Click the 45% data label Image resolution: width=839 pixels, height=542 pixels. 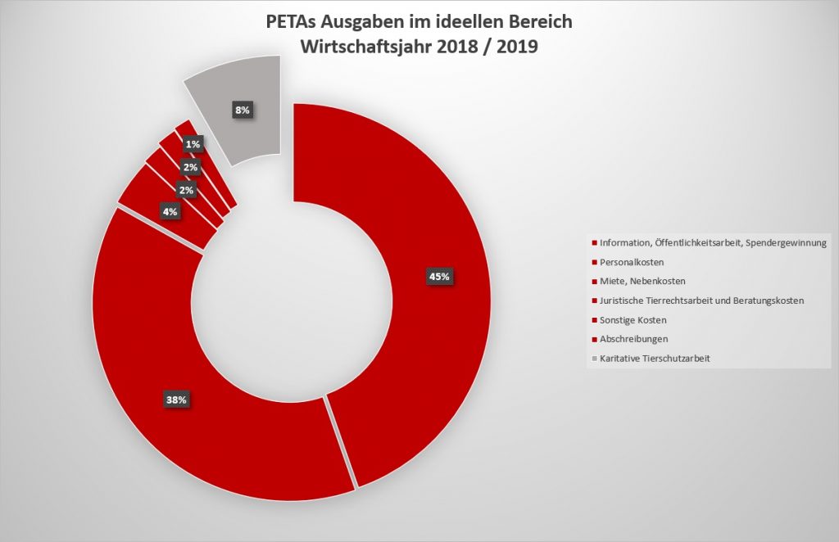pyautogui.click(x=439, y=276)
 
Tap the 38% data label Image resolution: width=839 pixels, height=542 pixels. pyautogui.click(x=177, y=400)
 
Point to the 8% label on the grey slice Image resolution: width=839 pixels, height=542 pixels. pyautogui.click(x=243, y=111)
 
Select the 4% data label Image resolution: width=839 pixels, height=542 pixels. pyautogui.click(x=171, y=212)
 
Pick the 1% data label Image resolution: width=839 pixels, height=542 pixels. pyautogui.click(x=193, y=145)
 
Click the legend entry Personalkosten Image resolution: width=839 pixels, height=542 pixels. pyautogui.click(x=631, y=262)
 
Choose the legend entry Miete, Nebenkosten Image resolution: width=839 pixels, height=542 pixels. pyautogui.click(x=642, y=282)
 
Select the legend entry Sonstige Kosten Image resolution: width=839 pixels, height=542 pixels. pyautogui.click(x=633, y=319)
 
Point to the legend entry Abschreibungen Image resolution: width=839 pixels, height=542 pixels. pyautogui.click(x=634, y=338)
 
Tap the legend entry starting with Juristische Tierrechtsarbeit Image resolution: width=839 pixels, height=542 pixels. pyautogui.click(x=701, y=300)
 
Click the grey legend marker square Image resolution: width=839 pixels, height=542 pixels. pyautogui.click(x=593, y=358)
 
